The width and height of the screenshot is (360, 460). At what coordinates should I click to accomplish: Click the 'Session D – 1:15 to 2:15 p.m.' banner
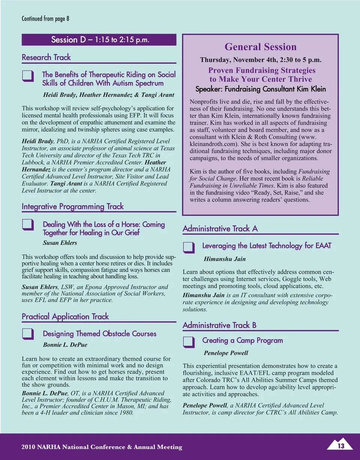pyautogui.click(x=99, y=40)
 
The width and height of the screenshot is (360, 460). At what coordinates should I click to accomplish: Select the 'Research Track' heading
pyautogui.click(x=46, y=57)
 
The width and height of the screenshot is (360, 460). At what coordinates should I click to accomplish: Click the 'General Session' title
pyautogui.click(x=260, y=47)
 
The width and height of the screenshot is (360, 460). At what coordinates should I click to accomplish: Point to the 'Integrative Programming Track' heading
pyautogui.click(x=72, y=206)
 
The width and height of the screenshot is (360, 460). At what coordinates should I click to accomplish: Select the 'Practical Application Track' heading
pyautogui.click(x=65, y=317)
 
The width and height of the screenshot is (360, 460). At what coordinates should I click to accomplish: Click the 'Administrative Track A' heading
pyautogui.click(x=220, y=229)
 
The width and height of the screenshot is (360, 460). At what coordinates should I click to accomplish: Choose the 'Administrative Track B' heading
pyautogui.click(x=219, y=325)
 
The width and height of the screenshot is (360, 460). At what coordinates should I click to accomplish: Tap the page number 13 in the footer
pyautogui.click(x=341, y=445)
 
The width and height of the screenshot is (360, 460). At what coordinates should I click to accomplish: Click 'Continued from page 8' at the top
pyautogui.click(x=45, y=18)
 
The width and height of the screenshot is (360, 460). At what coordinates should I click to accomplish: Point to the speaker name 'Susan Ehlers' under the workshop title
pyautogui.click(x=60, y=243)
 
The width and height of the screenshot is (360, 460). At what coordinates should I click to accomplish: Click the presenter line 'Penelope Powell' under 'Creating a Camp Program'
pyautogui.click(x=226, y=353)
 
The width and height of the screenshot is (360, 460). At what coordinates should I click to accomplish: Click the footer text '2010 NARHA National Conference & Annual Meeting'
pyautogui.click(x=102, y=447)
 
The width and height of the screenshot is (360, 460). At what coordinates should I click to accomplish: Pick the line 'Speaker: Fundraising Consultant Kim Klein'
pyautogui.click(x=260, y=89)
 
